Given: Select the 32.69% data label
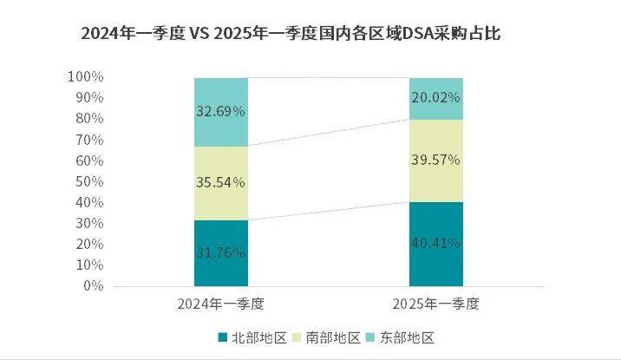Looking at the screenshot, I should click(220, 111).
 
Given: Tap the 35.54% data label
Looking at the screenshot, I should click(220, 182).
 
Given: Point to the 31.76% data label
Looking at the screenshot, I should click(220, 253).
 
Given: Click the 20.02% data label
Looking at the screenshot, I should click(437, 98).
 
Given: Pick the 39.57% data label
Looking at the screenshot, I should click(437, 160).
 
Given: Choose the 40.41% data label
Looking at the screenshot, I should click(437, 244).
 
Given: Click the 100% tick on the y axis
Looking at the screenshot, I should click(85, 77).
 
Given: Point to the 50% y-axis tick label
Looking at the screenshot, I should click(88, 181).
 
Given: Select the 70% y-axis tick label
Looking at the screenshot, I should click(88, 140).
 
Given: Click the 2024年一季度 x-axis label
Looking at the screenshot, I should click(220, 304).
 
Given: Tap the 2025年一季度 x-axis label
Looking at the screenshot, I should click(437, 304).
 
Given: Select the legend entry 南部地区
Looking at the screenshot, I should click(334, 336).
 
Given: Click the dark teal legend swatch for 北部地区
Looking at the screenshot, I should click(222, 336).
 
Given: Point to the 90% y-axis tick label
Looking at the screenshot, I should click(88, 98).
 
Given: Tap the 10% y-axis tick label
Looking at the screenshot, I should click(88, 265).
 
